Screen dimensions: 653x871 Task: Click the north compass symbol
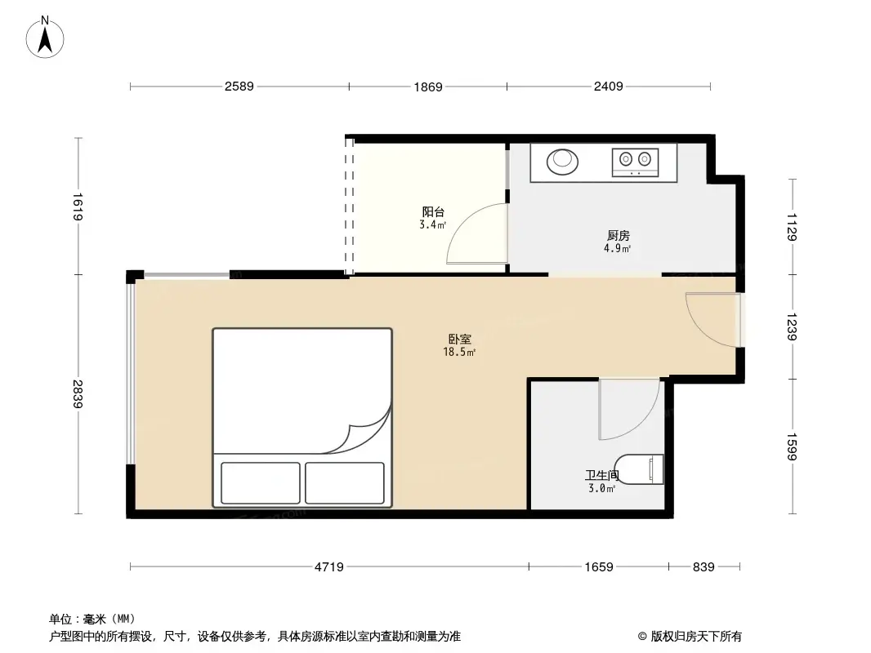(x=47, y=36)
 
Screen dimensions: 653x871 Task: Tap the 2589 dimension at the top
(x=239, y=87)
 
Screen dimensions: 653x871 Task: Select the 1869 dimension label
(x=427, y=87)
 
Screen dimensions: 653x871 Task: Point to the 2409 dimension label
(x=608, y=87)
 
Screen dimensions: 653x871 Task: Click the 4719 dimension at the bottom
(x=329, y=566)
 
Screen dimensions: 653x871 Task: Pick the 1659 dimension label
(x=599, y=566)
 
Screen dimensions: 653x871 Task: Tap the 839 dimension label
(x=703, y=566)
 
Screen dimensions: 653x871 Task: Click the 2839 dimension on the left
(x=78, y=395)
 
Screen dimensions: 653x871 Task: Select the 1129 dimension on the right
(x=791, y=227)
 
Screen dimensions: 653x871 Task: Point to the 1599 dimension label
(x=791, y=446)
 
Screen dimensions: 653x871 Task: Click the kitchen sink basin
(x=561, y=160)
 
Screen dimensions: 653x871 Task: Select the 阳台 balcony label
(x=433, y=212)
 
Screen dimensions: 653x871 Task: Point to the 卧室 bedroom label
(x=459, y=339)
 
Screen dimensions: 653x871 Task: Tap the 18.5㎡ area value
(x=459, y=353)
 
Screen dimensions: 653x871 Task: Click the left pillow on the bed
(x=260, y=483)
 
